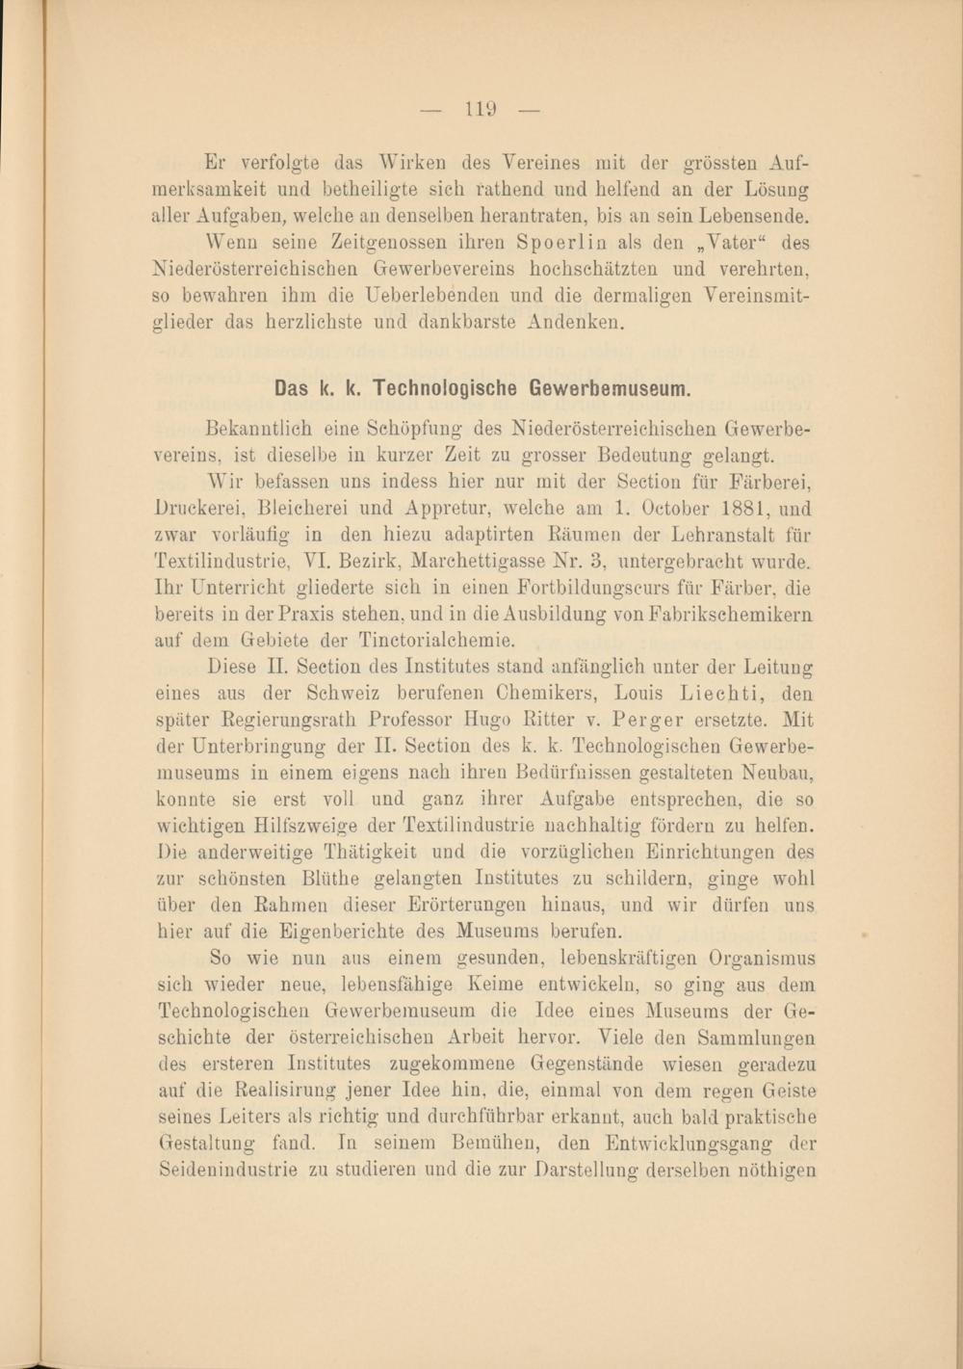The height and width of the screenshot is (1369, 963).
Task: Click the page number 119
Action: (x=481, y=110)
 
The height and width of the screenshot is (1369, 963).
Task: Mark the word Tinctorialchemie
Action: (x=437, y=639)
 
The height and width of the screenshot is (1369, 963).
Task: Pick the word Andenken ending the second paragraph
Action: (x=576, y=322)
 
